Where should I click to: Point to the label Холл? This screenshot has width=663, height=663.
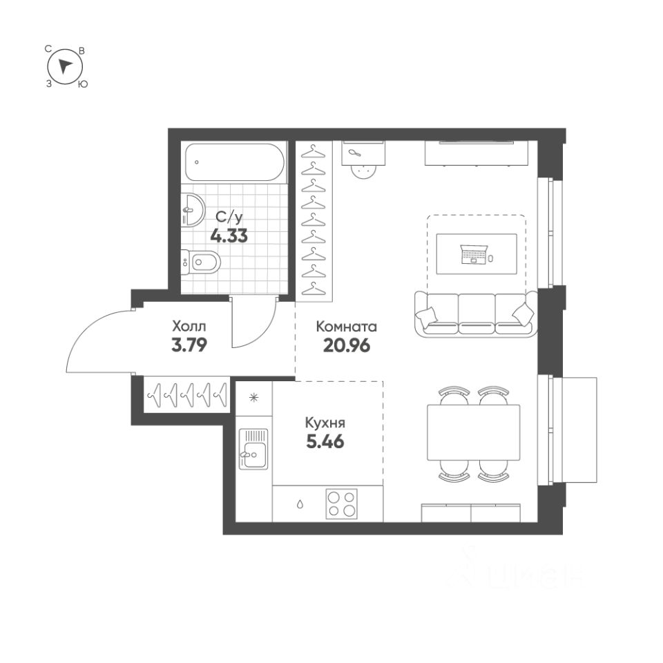pos(189,325)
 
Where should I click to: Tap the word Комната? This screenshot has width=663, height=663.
pos(347,326)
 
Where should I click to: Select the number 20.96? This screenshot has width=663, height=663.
pos(347,345)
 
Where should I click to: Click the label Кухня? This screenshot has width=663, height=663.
pos(325,423)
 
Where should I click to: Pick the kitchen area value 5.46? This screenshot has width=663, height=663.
pos(325,441)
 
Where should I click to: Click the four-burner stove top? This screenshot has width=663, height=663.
pos(342,503)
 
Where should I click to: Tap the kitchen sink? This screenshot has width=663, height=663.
pos(253,448)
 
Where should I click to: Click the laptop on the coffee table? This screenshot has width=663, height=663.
pos(474,255)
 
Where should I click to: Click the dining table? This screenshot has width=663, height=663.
pos(473,433)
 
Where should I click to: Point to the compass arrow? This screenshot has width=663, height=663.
pos(65,66)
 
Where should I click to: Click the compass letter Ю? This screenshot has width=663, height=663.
pos(83,84)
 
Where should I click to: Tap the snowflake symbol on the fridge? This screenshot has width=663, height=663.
pos(254,397)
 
